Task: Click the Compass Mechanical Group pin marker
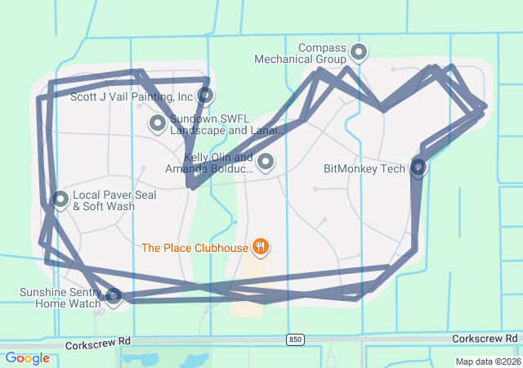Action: click(x=358, y=53)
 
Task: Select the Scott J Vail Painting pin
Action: click(x=205, y=95)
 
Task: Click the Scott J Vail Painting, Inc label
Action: click(x=132, y=96)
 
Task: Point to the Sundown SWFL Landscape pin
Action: click(x=157, y=123)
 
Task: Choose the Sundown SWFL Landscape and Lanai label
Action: click(x=227, y=124)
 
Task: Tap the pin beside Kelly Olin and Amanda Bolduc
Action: click(x=265, y=162)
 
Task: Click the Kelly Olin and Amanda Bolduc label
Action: click(x=208, y=163)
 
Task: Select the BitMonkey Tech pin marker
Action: click(x=418, y=168)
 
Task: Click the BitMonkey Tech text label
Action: click(x=364, y=169)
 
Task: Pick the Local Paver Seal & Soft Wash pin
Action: click(x=60, y=199)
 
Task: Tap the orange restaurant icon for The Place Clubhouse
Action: click(x=261, y=245)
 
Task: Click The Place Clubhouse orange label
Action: click(x=194, y=246)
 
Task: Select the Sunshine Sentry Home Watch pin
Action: click(x=113, y=296)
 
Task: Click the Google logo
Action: click(x=27, y=358)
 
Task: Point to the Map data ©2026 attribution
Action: click(x=487, y=361)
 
